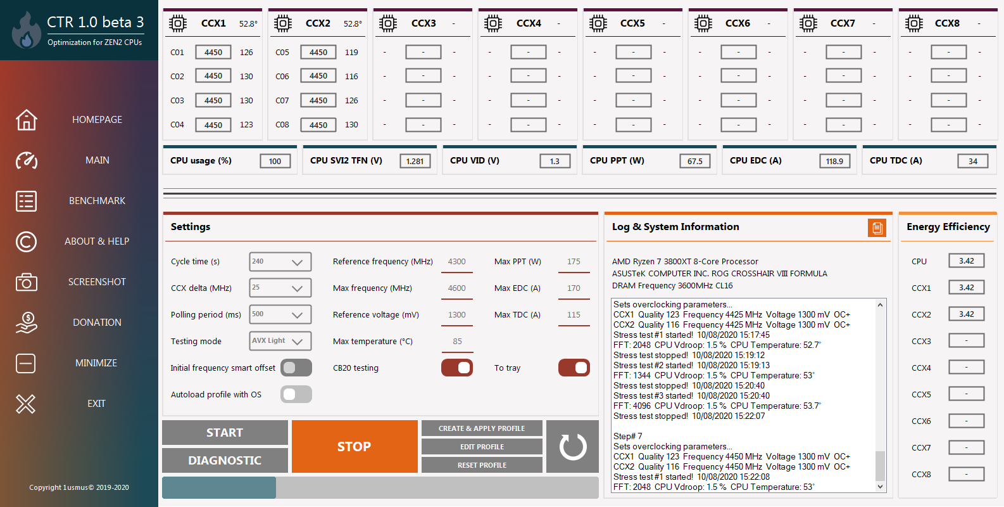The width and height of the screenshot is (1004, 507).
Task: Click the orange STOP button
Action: coord(355,446)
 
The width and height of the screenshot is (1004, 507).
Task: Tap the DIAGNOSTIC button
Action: coord(225,460)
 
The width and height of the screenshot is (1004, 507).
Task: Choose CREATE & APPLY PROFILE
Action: coord(482,428)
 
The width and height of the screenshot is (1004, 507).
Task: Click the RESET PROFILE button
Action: coord(482,465)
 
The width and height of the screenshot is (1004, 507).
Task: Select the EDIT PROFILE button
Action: coord(482,446)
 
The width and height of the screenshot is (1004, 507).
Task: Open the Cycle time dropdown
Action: coord(280,262)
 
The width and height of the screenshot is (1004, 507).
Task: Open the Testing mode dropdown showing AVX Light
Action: coord(280,341)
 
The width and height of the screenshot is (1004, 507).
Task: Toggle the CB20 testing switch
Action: coord(456,368)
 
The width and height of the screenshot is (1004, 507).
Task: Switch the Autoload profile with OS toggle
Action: coord(296,394)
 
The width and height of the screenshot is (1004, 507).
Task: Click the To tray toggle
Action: coord(574,368)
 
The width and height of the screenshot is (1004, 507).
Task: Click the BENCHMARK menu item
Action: coord(97,200)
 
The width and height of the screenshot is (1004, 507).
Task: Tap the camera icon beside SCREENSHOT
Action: coord(27,282)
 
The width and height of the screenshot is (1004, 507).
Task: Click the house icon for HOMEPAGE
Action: coord(27,120)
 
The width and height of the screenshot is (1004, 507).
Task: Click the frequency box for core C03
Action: coord(213,100)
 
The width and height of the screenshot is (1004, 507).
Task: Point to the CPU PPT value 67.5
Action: coord(694,161)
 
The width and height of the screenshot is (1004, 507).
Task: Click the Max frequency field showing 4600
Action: coord(456,288)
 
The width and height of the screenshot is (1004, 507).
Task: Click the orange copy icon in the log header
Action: coord(877,228)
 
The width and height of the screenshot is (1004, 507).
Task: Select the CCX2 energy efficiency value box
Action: coord(967,314)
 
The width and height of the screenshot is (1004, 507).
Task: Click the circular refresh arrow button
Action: coord(572,446)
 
